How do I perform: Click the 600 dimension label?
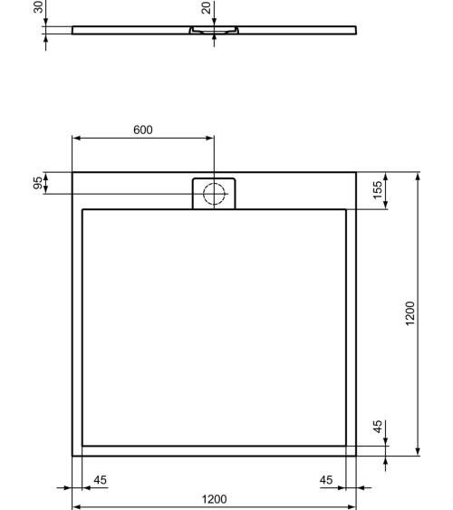click(142, 130)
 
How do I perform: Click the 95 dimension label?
click(37, 184)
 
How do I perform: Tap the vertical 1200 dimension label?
click(410, 313)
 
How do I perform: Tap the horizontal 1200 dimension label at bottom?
click(214, 499)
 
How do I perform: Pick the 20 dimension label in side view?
click(207, 8)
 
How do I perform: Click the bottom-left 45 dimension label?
click(101, 478)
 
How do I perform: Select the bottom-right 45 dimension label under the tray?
click(326, 478)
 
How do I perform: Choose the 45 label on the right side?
click(378, 428)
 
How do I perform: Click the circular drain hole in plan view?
click(214, 192)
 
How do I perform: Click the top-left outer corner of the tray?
click(72, 172)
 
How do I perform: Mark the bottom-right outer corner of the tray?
click(356, 456)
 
